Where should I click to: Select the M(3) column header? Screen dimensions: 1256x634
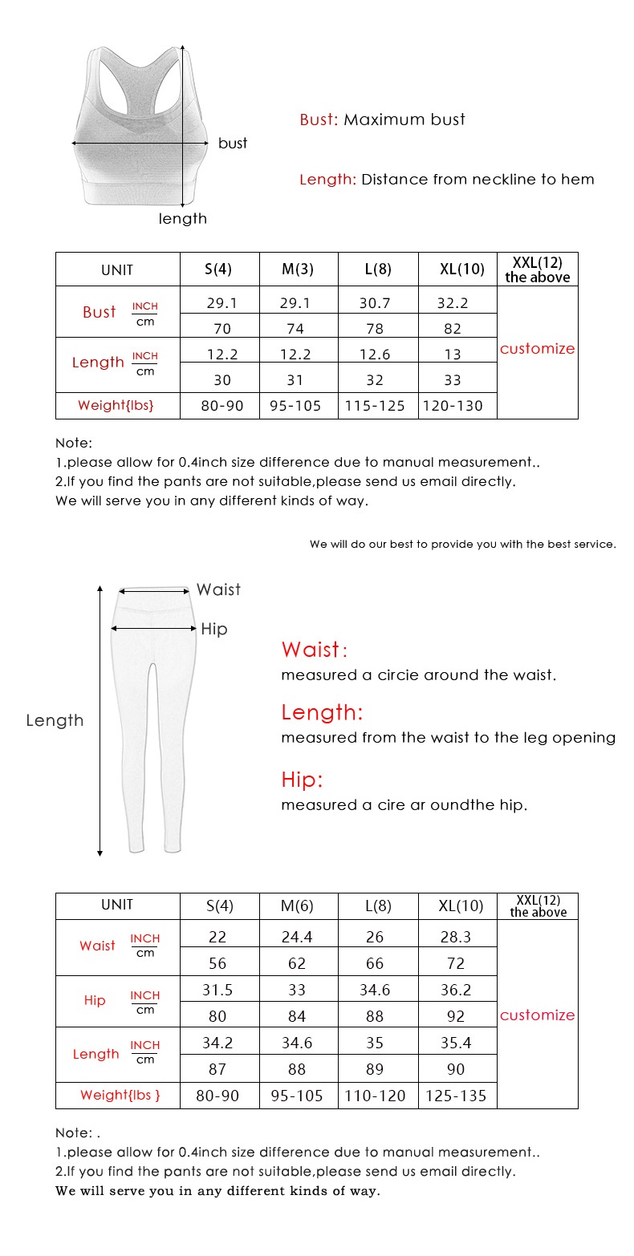[297, 269]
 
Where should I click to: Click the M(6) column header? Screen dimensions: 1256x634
[297, 906]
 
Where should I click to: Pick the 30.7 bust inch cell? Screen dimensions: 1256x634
[375, 303]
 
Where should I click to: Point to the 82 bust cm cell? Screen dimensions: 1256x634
[453, 328]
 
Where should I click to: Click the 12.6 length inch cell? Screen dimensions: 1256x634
[375, 355]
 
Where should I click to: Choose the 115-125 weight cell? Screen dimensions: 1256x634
[375, 406]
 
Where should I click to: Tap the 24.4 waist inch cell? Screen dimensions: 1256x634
[297, 937]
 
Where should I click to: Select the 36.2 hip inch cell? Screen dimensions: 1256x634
[456, 990]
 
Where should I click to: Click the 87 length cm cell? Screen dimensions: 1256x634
[217, 1069]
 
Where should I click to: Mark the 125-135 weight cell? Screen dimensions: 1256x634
[456, 1096]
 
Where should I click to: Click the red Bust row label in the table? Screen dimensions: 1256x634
[100, 312]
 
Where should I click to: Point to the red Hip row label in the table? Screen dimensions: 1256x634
[95, 1000]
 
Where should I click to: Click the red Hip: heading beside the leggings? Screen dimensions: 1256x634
[302, 780]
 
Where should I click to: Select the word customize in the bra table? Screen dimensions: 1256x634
[537, 349]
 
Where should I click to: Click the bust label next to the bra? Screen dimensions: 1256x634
[233, 144]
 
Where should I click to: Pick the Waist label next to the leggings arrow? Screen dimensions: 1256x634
[218, 590]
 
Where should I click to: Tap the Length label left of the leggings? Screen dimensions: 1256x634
[55, 720]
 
